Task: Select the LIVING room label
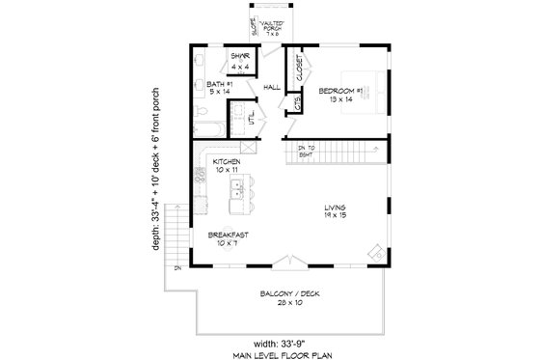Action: pyautogui.click(x=336, y=207)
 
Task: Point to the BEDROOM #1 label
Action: pyautogui.click(x=340, y=90)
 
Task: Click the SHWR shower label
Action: pyautogui.click(x=240, y=56)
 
